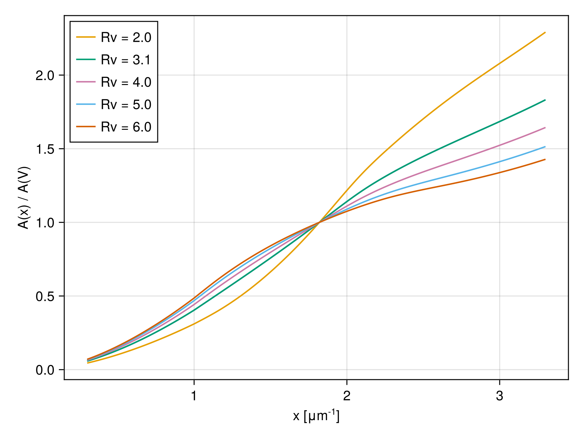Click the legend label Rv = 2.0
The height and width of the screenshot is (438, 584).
click(x=126, y=38)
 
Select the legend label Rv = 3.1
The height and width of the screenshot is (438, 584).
click(x=126, y=60)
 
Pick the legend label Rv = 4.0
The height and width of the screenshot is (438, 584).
click(x=126, y=82)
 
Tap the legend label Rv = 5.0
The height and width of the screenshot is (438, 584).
click(x=126, y=105)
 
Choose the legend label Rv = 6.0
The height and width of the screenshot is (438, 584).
click(x=126, y=127)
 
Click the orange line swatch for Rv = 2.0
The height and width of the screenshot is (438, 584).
click(x=86, y=37)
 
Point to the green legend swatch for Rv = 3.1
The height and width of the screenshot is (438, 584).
click(x=86, y=59)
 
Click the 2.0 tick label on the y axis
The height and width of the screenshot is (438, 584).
click(x=45, y=75)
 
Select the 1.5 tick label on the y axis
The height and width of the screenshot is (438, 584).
click(x=45, y=149)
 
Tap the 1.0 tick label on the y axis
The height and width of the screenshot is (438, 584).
click(x=45, y=223)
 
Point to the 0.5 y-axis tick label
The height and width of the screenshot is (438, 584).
click(x=45, y=296)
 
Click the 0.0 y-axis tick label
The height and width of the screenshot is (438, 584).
click(x=45, y=370)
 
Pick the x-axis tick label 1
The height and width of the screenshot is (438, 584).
click(x=194, y=396)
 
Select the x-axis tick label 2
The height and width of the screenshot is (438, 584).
click(x=347, y=396)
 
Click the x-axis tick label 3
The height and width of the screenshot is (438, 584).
click(x=500, y=396)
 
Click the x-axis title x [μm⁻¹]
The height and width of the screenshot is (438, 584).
click(x=316, y=416)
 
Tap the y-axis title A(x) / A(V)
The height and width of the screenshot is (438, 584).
click(x=24, y=198)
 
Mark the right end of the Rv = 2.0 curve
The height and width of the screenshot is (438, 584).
click(x=545, y=32)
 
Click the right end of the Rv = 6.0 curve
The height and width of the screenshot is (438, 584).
click(x=545, y=159)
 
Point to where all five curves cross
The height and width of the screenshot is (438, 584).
click(x=320, y=222)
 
